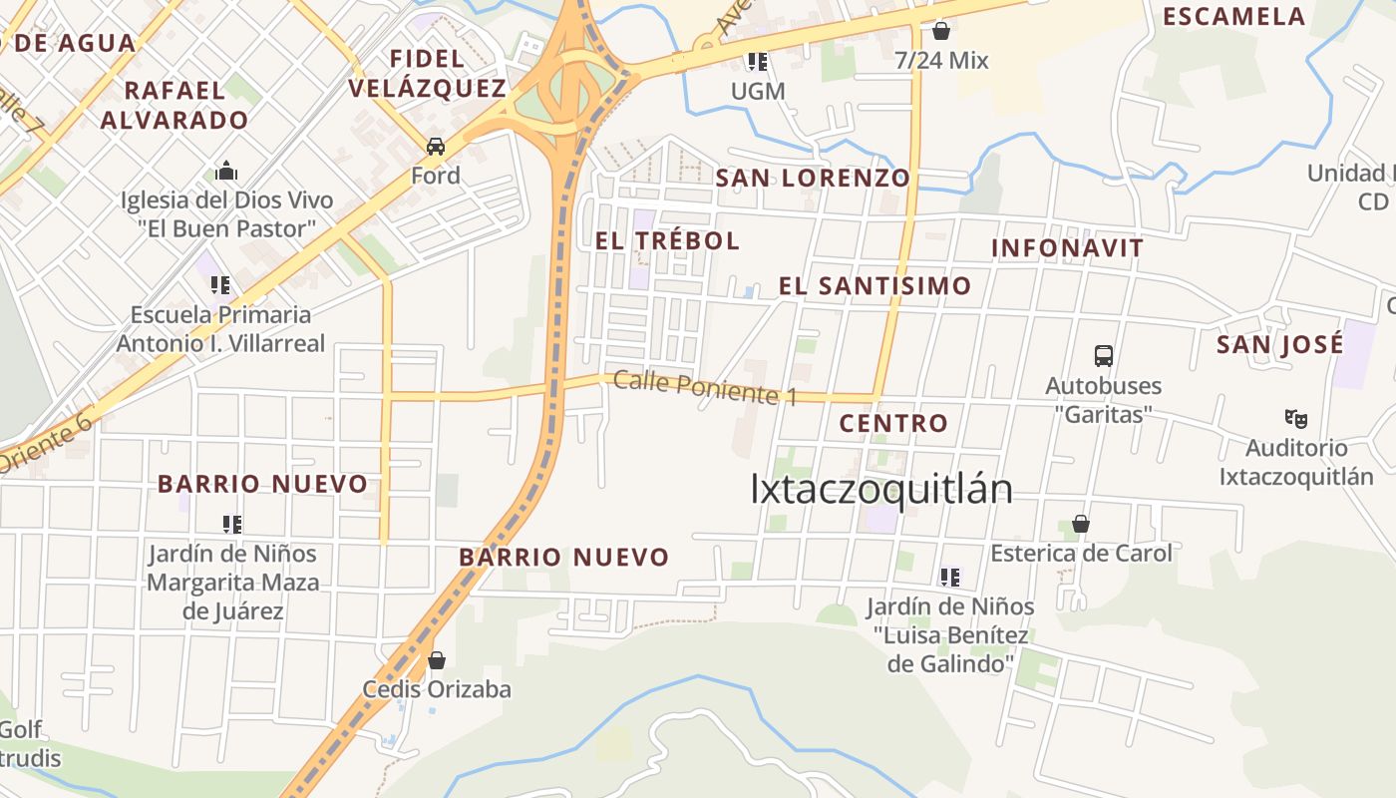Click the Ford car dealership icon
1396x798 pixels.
coord(436,147)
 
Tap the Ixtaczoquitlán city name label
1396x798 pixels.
coord(880,489)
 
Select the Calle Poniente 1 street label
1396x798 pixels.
coord(705,388)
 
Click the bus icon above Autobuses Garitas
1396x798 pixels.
coord(1104,356)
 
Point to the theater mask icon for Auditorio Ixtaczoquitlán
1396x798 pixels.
coord(1296,419)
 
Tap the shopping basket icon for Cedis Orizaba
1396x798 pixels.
coord(436,660)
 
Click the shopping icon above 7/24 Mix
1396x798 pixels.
coord(941,31)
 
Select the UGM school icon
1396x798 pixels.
coord(758,62)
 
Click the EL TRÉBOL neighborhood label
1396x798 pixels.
coord(667,240)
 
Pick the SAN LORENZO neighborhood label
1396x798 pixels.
coord(813,179)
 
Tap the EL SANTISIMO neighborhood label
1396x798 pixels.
coord(874,286)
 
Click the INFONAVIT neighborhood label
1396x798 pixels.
coord(1067,248)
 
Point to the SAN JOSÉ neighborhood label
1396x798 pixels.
coord(1279,345)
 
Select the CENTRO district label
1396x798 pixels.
coord(893,423)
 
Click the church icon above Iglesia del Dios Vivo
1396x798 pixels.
coord(227,171)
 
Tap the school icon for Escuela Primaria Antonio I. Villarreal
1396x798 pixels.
coord(220,285)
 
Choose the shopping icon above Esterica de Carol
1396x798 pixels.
coord(1080,524)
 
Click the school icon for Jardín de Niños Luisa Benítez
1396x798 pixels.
coord(949,577)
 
